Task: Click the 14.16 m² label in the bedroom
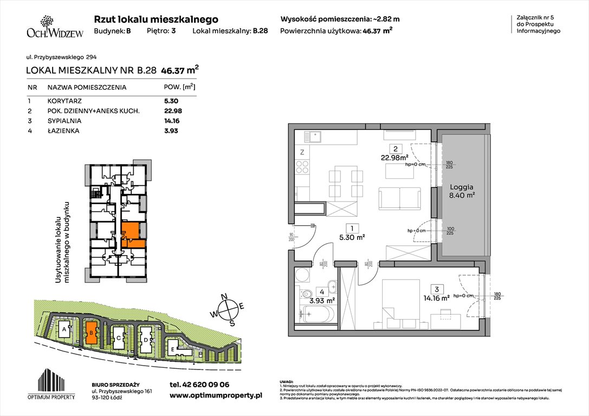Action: pyautogui.click(x=438, y=297)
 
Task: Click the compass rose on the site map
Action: pyautogui.click(x=230, y=309)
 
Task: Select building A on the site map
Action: pyautogui.click(x=64, y=329)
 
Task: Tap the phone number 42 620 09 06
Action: pyautogui.click(x=199, y=384)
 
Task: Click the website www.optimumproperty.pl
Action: pyautogui.click(x=216, y=396)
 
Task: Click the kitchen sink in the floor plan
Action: pyautogui.click(x=314, y=137)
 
